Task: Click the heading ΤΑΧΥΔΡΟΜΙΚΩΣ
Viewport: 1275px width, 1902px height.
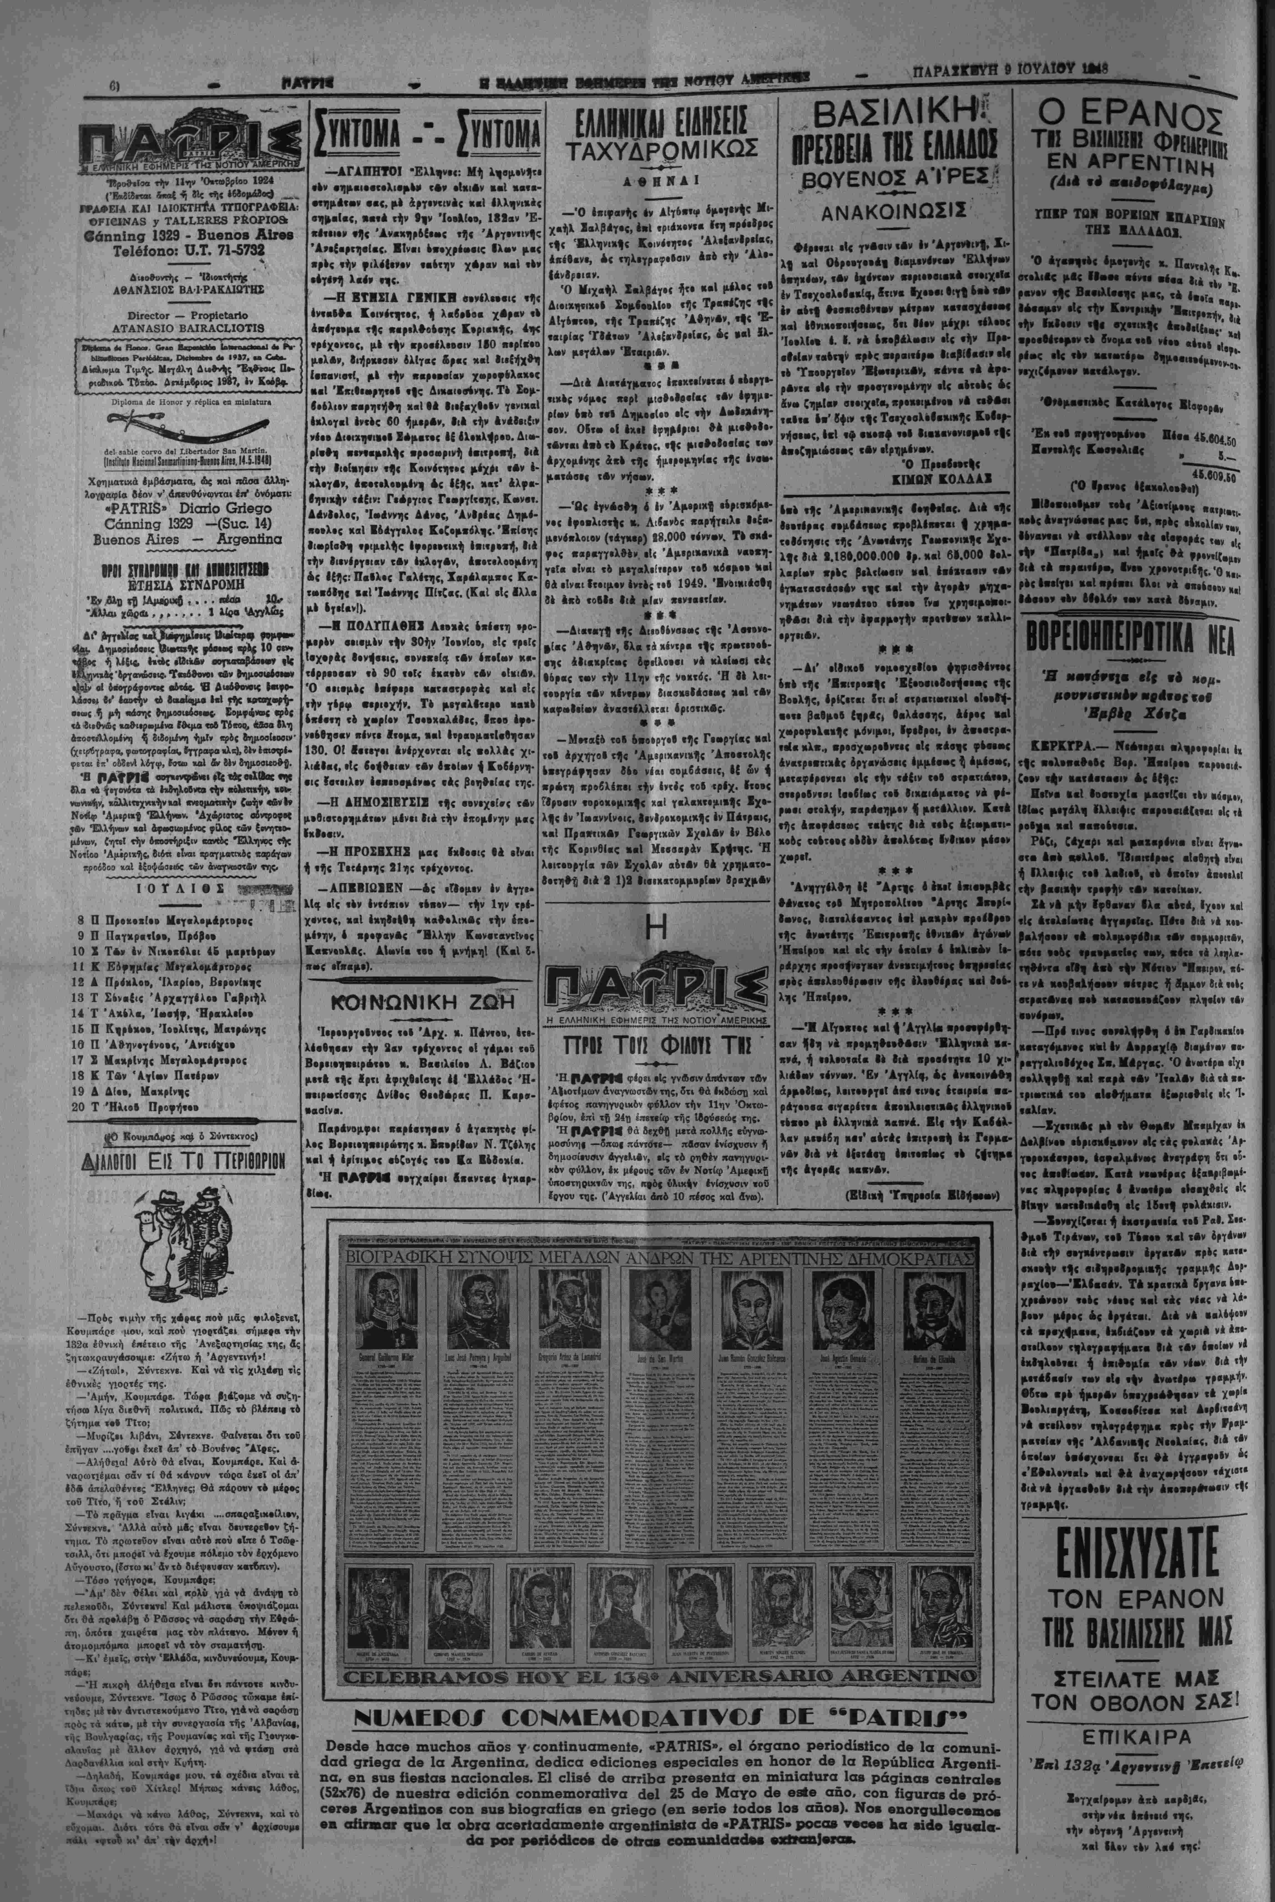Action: (663, 150)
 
